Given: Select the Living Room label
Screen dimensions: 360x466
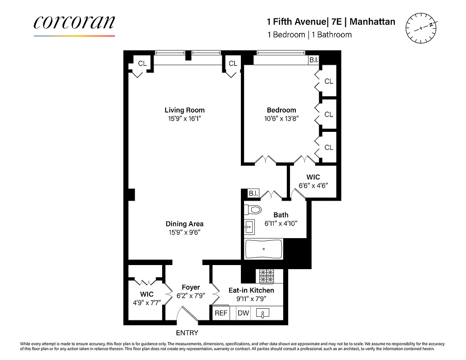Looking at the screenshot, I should [x=184, y=110].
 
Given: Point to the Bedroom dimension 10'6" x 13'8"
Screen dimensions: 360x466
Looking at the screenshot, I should [x=281, y=118].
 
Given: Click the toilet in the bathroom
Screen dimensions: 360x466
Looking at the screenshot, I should [x=253, y=210].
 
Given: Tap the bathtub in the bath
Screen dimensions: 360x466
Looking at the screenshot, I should [x=263, y=249].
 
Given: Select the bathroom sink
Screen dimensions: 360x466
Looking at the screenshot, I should [x=249, y=227].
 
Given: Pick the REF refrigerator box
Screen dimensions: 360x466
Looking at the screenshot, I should [x=221, y=313].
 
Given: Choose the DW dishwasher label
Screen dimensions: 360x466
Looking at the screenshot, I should [x=243, y=313].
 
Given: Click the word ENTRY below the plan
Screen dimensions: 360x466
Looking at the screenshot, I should [x=187, y=333].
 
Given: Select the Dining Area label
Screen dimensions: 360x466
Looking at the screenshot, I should [x=184, y=224].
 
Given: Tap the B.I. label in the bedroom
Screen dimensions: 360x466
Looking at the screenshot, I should [x=313, y=60].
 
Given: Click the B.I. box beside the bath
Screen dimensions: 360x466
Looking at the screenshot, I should [x=253, y=193].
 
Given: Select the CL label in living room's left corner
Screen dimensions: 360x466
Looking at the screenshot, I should [x=142, y=63].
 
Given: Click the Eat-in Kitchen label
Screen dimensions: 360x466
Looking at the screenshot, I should [x=251, y=290].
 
